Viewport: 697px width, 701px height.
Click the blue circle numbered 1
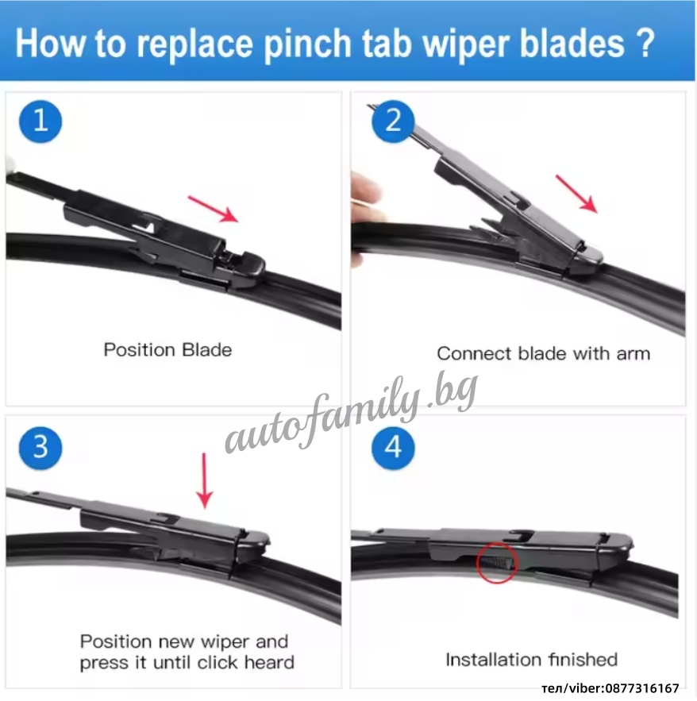(40, 121)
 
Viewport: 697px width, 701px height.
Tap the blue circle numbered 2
(393, 121)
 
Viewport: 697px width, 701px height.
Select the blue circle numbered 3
(40, 448)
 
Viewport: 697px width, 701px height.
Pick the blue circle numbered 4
(393, 448)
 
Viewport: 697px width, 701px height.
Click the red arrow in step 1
(213, 209)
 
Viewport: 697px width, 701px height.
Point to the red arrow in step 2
(576, 194)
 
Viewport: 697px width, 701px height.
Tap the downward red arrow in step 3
(205, 480)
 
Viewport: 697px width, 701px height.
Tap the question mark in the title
(645, 43)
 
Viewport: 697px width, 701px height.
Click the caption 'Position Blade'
(168, 350)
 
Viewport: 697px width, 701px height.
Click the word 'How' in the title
(50, 44)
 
